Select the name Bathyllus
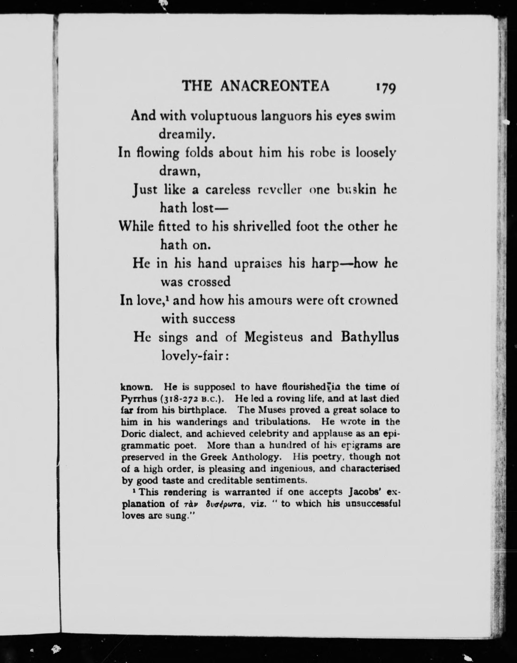pyautogui.click(x=369, y=337)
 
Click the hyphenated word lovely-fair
pyautogui.click(x=194, y=356)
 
